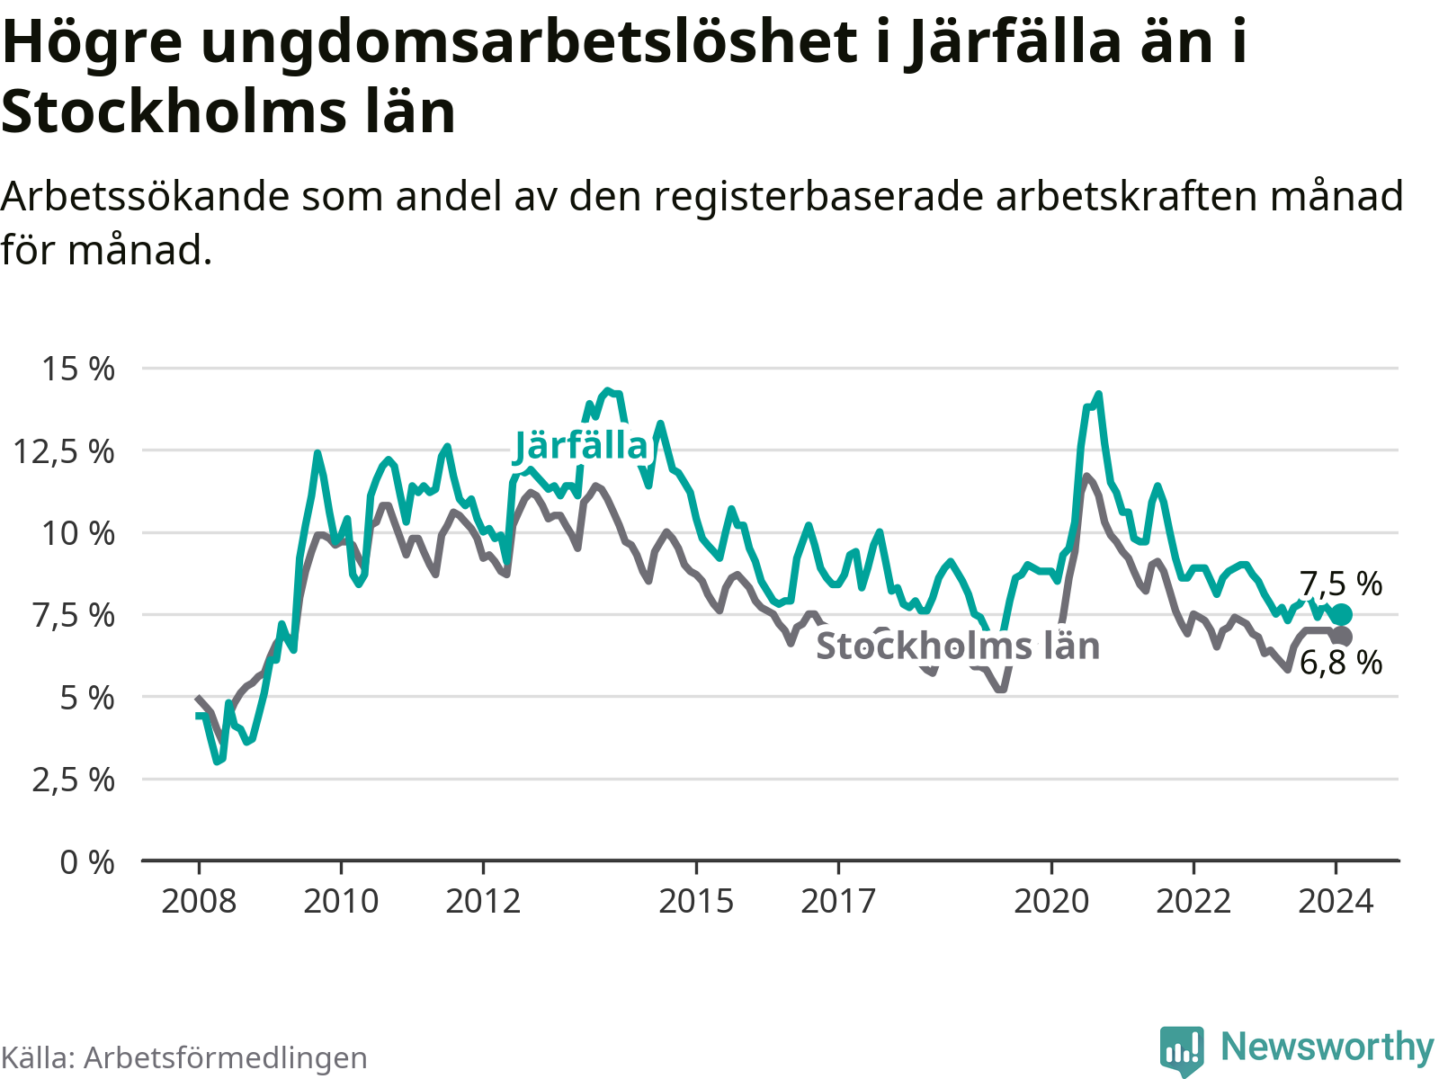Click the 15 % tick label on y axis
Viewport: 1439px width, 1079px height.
coord(78,369)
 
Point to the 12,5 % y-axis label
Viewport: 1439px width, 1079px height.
coord(65,450)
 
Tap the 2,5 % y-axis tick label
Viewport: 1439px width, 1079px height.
coord(74,780)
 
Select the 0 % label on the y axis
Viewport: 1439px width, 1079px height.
coord(87,862)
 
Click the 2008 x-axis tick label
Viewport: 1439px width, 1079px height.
coord(199,901)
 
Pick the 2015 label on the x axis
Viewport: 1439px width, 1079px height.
coord(696,901)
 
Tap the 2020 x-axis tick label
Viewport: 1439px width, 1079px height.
coord(1051,901)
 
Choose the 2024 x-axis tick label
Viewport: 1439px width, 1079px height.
coord(1336,901)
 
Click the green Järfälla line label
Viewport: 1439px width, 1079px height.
coord(581,447)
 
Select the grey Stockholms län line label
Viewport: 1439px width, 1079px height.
coord(958,646)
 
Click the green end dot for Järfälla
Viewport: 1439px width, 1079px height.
coord(1341,615)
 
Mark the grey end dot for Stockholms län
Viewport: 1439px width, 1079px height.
coord(1341,637)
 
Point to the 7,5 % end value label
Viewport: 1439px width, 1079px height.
coord(1341,584)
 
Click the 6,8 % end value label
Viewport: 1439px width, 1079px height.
coord(1341,664)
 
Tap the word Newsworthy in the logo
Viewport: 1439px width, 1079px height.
coord(1327,1048)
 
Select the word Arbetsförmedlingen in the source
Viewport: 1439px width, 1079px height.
coord(226,1058)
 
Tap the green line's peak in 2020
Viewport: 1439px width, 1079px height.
coord(1098,395)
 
